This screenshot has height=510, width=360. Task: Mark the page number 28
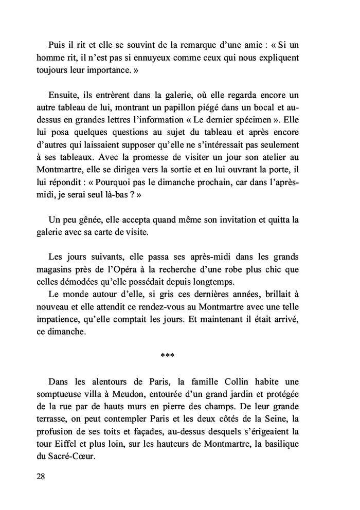[x=41, y=477]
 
